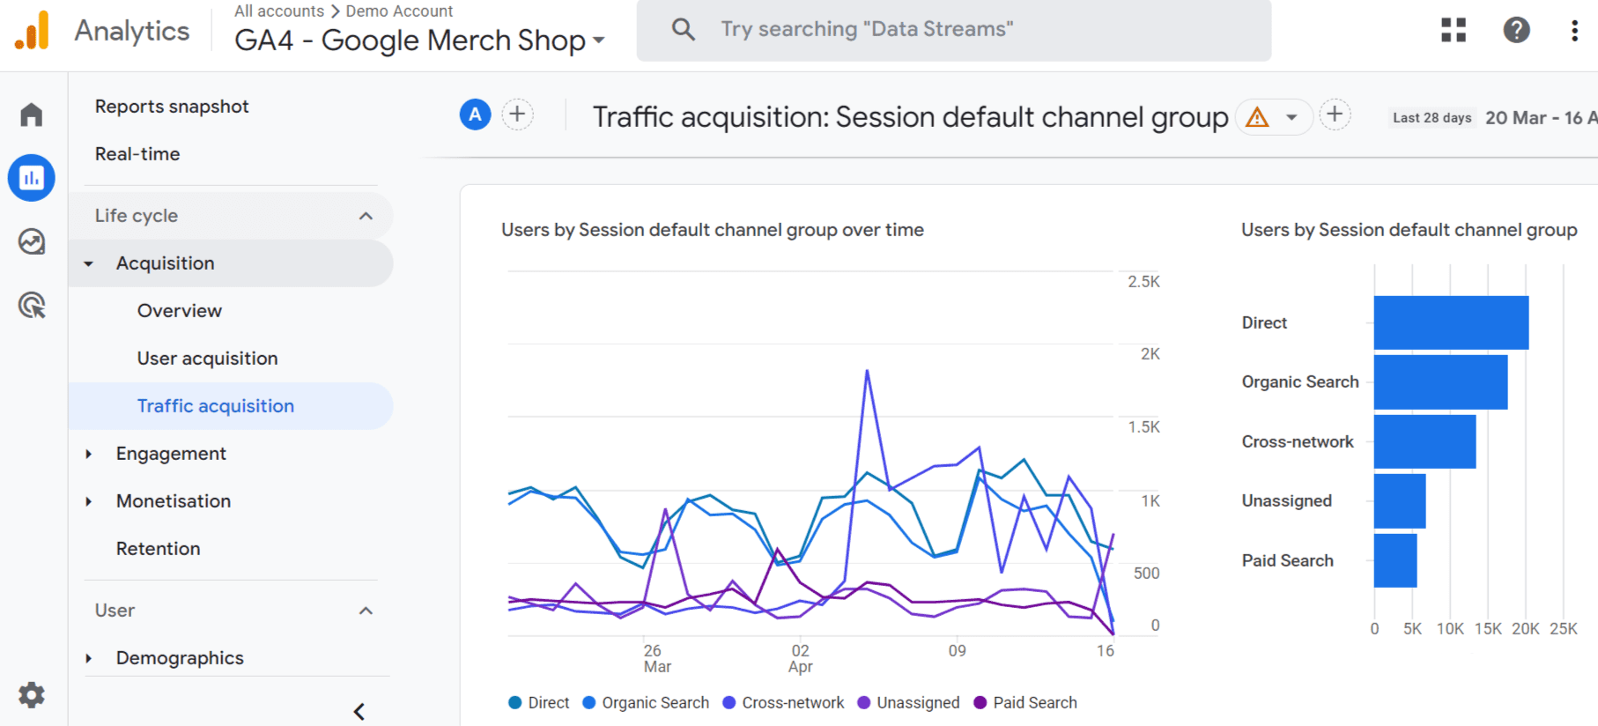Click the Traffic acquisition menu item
point(215,406)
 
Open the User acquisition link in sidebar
point(207,359)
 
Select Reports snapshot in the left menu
point(172,107)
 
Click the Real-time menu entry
point(137,154)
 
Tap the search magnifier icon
point(683,30)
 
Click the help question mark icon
point(1516,30)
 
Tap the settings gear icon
point(32,694)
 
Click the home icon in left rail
point(32,115)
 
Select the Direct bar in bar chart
point(1450,322)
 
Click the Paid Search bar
point(1395,560)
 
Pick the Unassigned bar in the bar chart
point(1399,500)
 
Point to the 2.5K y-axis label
point(1143,282)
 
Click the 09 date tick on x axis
point(957,651)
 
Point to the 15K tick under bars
point(1488,629)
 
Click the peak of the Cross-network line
point(867,371)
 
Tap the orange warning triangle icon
point(1257,116)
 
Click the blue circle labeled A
point(475,115)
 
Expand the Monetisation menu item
point(173,501)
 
